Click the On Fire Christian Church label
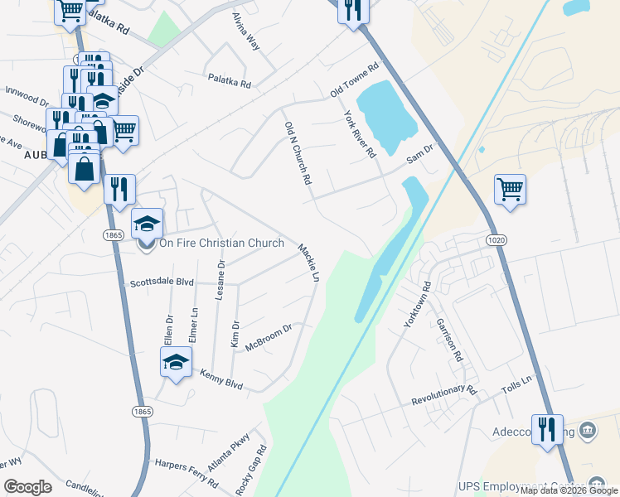coord(221,244)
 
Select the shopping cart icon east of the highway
coord(510,190)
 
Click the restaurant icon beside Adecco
coord(547,429)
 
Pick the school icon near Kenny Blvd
coord(176,362)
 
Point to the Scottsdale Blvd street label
coord(162,282)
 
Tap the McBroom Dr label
coord(269,338)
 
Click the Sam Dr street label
coord(419,152)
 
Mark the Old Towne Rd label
coord(354,79)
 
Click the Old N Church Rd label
coord(298,152)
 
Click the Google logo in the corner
coord(27,487)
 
